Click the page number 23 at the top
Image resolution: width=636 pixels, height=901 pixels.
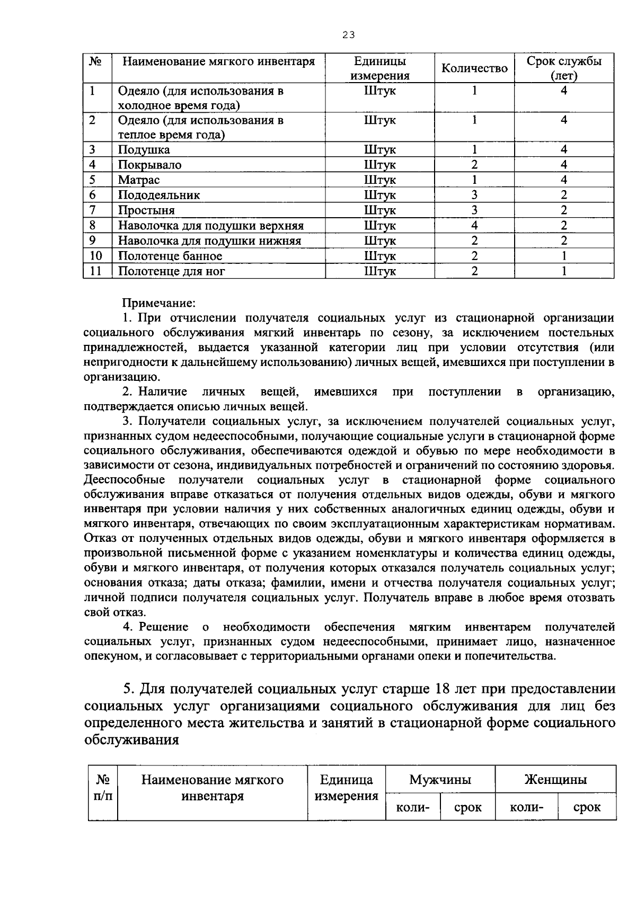pyautogui.click(x=348, y=35)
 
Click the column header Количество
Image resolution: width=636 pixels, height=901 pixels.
pyautogui.click(x=474, y=68)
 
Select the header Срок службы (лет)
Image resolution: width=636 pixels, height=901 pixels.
pyautogui.click(x=564, y=68)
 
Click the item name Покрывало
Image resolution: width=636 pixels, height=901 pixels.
pyautogui.click(x=149, y=165)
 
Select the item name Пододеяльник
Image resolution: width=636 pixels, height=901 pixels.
pyautogui.click(x=159, y=195)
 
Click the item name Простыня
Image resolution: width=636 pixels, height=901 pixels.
pyautogui.click(x=146, y=210)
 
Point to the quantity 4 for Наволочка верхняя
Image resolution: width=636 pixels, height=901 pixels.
pyautogui.click(x=474, y=226)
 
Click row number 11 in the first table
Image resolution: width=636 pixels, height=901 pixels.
pyautogui.click(x=95, y=271)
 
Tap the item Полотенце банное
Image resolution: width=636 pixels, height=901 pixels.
pyautogui.click(x=170, y=256)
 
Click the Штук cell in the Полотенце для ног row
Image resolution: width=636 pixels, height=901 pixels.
pyautogui.click(x=379, y=272)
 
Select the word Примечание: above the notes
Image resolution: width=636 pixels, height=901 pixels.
pyautogui.click(x=160, y=303)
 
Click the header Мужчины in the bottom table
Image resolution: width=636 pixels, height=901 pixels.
pyautogui.click(x=440, y=780)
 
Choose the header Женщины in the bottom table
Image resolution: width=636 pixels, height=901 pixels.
pyautogui.click(x=555, y=780)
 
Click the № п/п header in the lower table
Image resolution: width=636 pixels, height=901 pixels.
pyautogui.click(x=103, y=788)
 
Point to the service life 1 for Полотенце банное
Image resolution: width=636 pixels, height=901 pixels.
pyautogui.click(x=564, y=256)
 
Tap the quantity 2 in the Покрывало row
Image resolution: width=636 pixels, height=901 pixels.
pyautogui.click(x=474, y=165)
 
